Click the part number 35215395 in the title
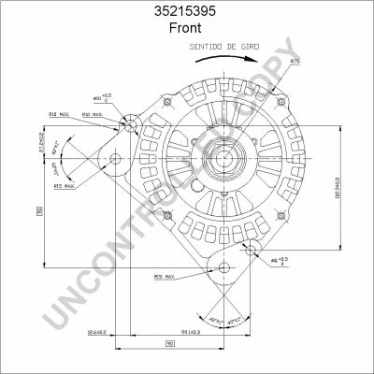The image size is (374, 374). (186, 11)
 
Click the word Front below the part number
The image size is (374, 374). (186, 28)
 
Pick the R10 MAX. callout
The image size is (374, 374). (93, 114)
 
